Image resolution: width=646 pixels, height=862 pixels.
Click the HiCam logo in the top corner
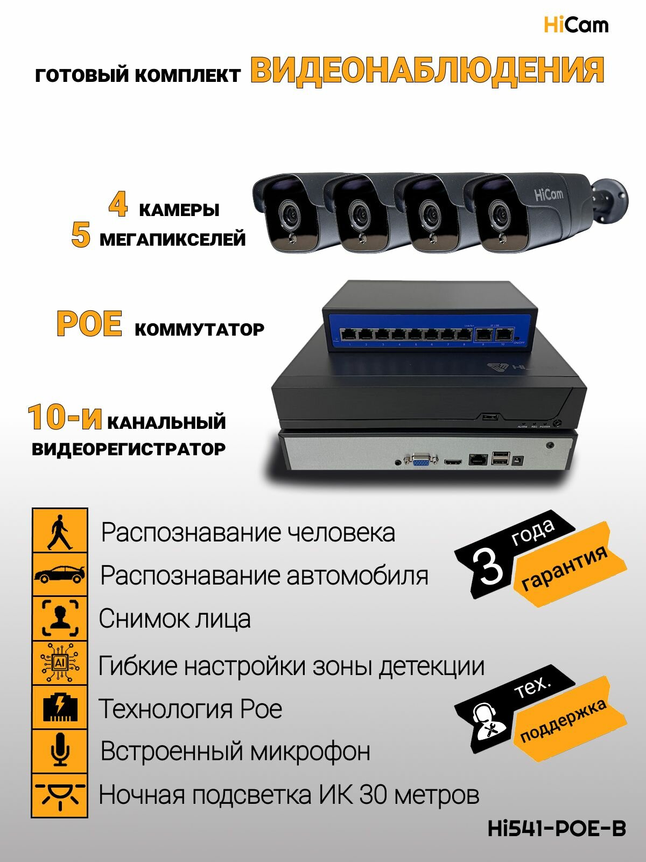575,25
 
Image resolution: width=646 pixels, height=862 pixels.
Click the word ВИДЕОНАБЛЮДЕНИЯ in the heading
427,71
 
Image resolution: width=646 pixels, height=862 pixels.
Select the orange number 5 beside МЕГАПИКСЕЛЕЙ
81,235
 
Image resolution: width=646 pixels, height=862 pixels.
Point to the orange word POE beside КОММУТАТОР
89,324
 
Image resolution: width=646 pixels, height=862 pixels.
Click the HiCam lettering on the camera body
549,194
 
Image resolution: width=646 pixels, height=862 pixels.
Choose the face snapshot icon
60,618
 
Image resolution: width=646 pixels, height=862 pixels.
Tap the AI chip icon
60,663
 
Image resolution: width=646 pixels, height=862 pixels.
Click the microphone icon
60,750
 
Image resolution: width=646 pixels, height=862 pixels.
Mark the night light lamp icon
60,795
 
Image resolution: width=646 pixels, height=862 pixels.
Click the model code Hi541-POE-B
557,829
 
